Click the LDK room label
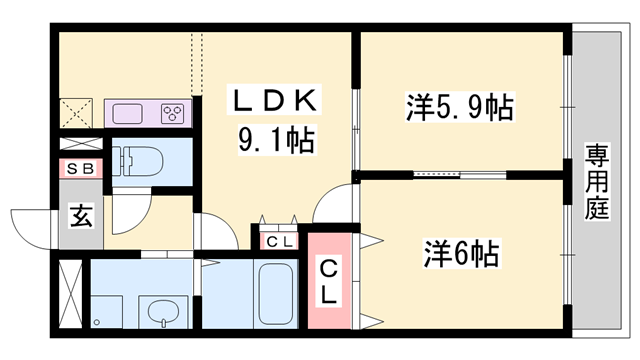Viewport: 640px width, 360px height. tap(276, 102)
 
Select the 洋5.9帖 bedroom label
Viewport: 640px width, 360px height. tap(459, 106)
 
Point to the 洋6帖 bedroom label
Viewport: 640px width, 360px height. tap(459, 251)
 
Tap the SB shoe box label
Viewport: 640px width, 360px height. tap(80, 169)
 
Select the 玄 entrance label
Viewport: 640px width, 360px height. tap(80, 215)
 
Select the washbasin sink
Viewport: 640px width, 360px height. tap(160, 313)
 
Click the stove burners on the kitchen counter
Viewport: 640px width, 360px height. tap(171, 112)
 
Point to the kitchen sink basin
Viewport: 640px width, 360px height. tap(129, 112)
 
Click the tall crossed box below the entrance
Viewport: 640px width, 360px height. tap(70, 291)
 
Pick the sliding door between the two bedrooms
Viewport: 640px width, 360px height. tap(445, 174)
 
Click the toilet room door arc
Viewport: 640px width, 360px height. tap(128, 213)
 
